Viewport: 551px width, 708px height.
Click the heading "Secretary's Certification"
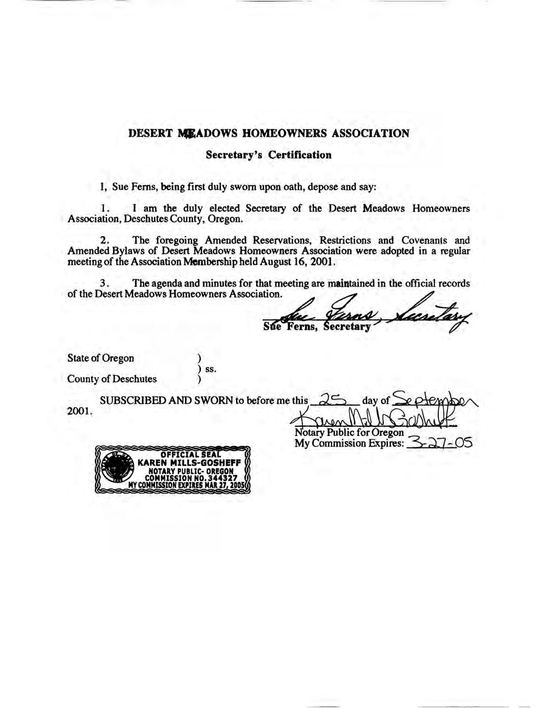268,155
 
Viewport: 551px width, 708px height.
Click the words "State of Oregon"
101,358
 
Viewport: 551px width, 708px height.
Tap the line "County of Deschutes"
112,379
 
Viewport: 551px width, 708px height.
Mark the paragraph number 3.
103,284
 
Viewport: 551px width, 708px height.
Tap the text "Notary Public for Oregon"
349,433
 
